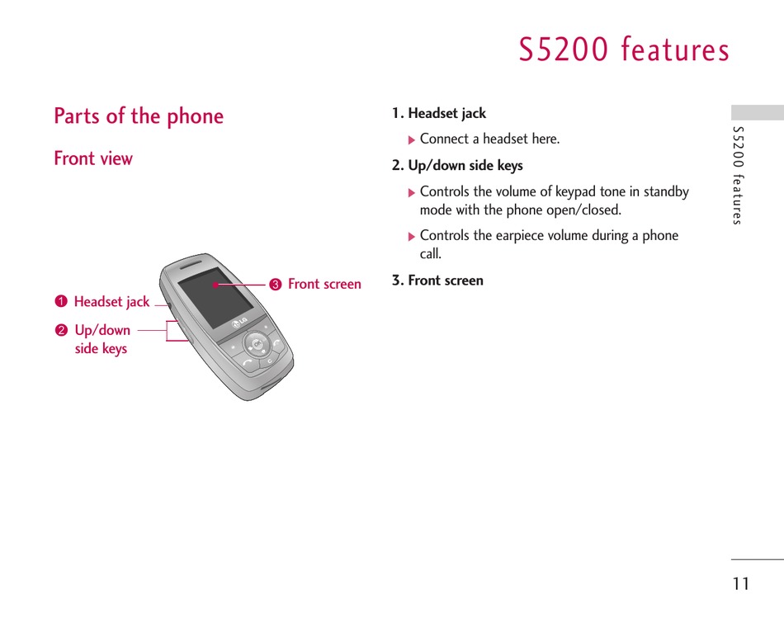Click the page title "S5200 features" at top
tap(624, 49)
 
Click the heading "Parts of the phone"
tap(139, 116)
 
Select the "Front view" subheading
tap(93, 158)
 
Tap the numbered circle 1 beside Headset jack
tap(61, 301)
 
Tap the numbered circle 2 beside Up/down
tap(61, 330)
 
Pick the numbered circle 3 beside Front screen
tap(276, 285)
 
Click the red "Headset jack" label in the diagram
tap(111, 301)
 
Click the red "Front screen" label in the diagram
tap(324, 284)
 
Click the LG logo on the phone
tap(239, 323)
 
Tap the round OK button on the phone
tap(257, 344)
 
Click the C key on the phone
tap(270, 361)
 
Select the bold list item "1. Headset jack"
tap(439, 114)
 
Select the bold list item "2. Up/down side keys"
tap(457, 166)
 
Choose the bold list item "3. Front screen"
tap(437, 280)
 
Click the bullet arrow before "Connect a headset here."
tap(412, 140)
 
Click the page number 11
tap(741, 583)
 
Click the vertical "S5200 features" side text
tap(738, 175)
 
